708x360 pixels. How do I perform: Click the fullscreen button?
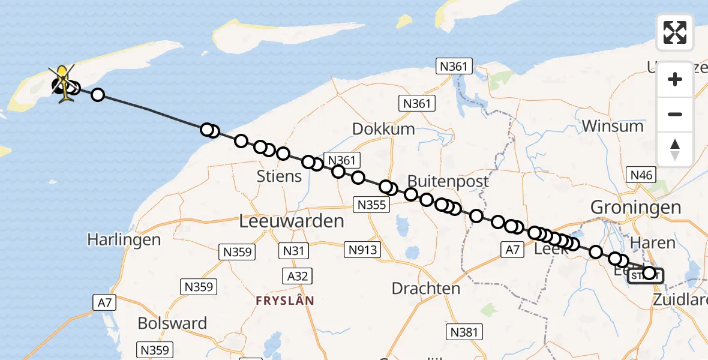(x=675, y=32)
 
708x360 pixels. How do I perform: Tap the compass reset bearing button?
(x=675, y=149)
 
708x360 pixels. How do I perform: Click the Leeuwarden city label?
(x=292, y=221)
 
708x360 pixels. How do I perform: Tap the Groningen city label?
(x=636, y=208)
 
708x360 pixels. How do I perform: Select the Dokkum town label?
(x=383, y=129)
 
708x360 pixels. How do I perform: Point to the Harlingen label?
(x=124, y=240)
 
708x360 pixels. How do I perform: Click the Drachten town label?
(x=425, y=288)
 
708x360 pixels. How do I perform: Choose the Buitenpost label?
(x=448, y=181)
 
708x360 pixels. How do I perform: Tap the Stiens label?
(x=279, y=176)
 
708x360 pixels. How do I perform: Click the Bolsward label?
(x=172, y=323)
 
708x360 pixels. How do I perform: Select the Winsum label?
(x=613, y=127)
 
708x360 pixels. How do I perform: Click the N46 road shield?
(x=640, y=175)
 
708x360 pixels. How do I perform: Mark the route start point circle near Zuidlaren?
(x=649, y=274)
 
